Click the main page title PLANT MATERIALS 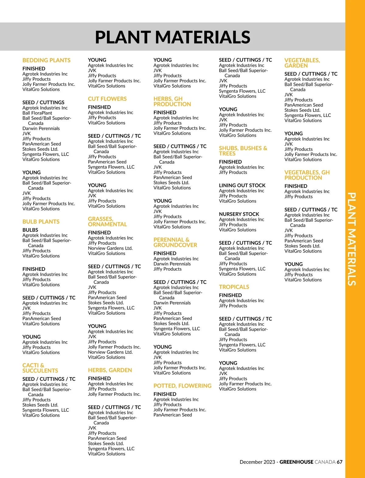tap(172, 37)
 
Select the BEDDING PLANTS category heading tap(46, 60)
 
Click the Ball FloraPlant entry tap(37, 113)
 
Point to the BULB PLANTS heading tap(41, 222)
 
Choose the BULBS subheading tap(30, 230)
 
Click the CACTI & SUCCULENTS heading tap(40, 368)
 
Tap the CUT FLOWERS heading tap(107, 99)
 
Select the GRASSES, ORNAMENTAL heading tap(107, 221)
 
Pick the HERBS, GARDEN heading tap(110, 370)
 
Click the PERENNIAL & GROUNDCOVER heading tap(175, 242)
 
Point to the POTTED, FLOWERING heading tap(182, 386)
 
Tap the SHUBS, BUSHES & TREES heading tap(243, 151)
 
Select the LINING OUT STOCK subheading tap(242, 186)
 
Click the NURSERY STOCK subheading tap(239, 214)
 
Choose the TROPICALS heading tap(234, 287)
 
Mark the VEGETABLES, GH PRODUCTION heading tap(307, 175)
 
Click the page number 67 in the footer tap(339, 462)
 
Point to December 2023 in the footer tap(257, 462)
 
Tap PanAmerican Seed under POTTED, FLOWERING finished tap(172, 415)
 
